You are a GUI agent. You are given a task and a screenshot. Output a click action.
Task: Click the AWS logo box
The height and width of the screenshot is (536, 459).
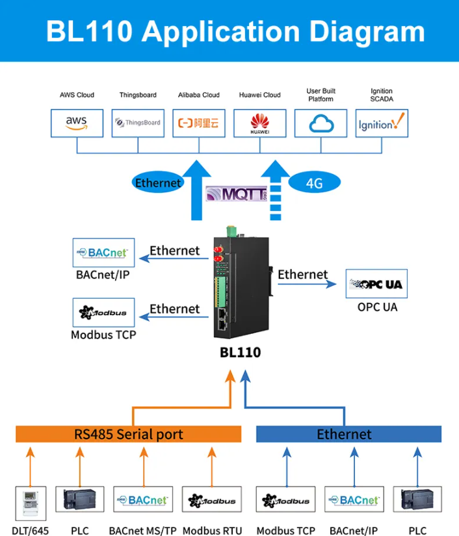tap(77, 123)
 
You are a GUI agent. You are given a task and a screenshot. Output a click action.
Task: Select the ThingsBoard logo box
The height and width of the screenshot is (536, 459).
tap(138, 123)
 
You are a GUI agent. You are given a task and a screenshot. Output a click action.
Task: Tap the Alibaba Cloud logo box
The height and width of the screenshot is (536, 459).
tap(199, 123)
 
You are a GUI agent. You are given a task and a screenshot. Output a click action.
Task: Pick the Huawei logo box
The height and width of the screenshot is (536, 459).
tap(259, 123)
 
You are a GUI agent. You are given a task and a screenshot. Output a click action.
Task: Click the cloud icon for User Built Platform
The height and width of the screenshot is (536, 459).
tap(321, 123)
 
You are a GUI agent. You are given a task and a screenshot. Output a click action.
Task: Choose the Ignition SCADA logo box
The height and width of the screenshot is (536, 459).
tap(382, 123)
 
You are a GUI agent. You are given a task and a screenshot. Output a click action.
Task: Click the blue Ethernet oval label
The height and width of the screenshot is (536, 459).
tap(157, 183)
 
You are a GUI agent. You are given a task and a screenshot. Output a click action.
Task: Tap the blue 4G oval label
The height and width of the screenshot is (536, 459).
tap(314, 183)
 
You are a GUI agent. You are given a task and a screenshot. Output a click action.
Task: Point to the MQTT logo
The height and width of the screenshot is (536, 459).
tap(237, 194)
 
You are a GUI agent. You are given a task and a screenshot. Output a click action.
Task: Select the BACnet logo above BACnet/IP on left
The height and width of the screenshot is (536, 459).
tap(105, 253)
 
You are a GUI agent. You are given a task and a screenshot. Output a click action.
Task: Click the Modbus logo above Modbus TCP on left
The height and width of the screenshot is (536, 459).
tap(105, 313)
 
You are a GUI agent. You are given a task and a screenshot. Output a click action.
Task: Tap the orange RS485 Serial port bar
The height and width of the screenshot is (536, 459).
tap(128, 434)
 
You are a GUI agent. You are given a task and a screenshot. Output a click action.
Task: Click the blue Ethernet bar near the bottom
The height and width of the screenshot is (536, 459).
tap(348, 434)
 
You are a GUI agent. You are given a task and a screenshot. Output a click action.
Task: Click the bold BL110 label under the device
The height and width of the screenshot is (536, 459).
tap(240, 352)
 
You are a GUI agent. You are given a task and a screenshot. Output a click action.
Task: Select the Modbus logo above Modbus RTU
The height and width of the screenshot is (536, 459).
tap(213, 501)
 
